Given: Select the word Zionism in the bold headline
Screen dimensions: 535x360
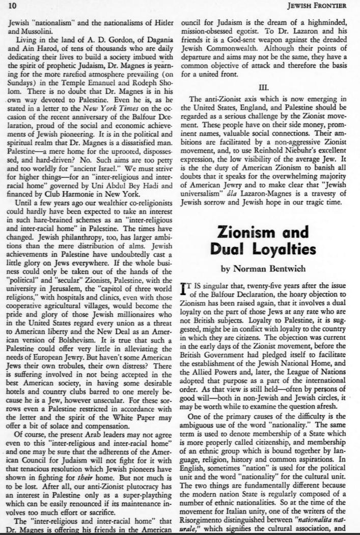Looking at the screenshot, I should click(x=256, y=233).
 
